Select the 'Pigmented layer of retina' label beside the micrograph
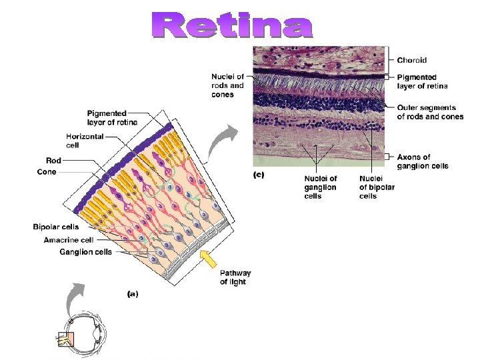pyautogui.click(x=422, y=81)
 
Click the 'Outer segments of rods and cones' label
pyautogui.click(x=430, y=112)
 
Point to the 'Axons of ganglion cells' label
pyautogui.click(x=423, y=161)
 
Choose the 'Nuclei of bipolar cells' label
pyautogui.click(x=377, y=187)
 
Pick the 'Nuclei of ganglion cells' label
pyautogui.click(x=320, y=187)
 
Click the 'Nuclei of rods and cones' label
pyautogui.click(x=228, y=86)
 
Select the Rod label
pyautogui.click(x=53, y=160)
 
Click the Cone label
pyautogui.click(x=47, y=172)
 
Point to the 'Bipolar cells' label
pyautogui.click(x=56, y=227)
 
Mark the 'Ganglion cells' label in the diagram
pyautogui.click(x=85, y=252)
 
